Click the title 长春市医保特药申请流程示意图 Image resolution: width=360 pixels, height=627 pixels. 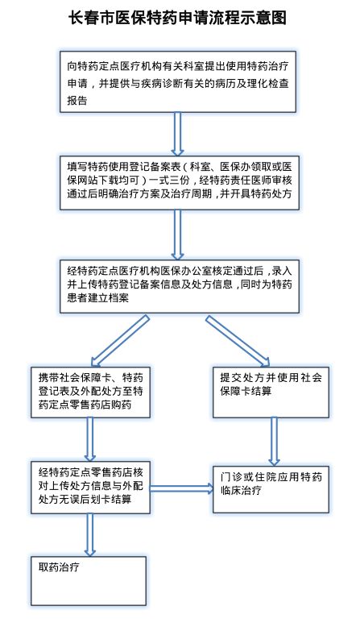coord(178,17)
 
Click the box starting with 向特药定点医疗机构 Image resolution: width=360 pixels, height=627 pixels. coord(178,81)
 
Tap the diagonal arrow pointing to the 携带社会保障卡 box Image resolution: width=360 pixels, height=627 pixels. coord(121,338)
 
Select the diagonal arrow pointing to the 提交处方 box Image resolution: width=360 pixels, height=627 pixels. coord(240,338)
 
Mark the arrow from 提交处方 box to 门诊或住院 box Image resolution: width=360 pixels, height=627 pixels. coord(275,440)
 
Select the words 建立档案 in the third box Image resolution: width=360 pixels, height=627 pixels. coord(121,297)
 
